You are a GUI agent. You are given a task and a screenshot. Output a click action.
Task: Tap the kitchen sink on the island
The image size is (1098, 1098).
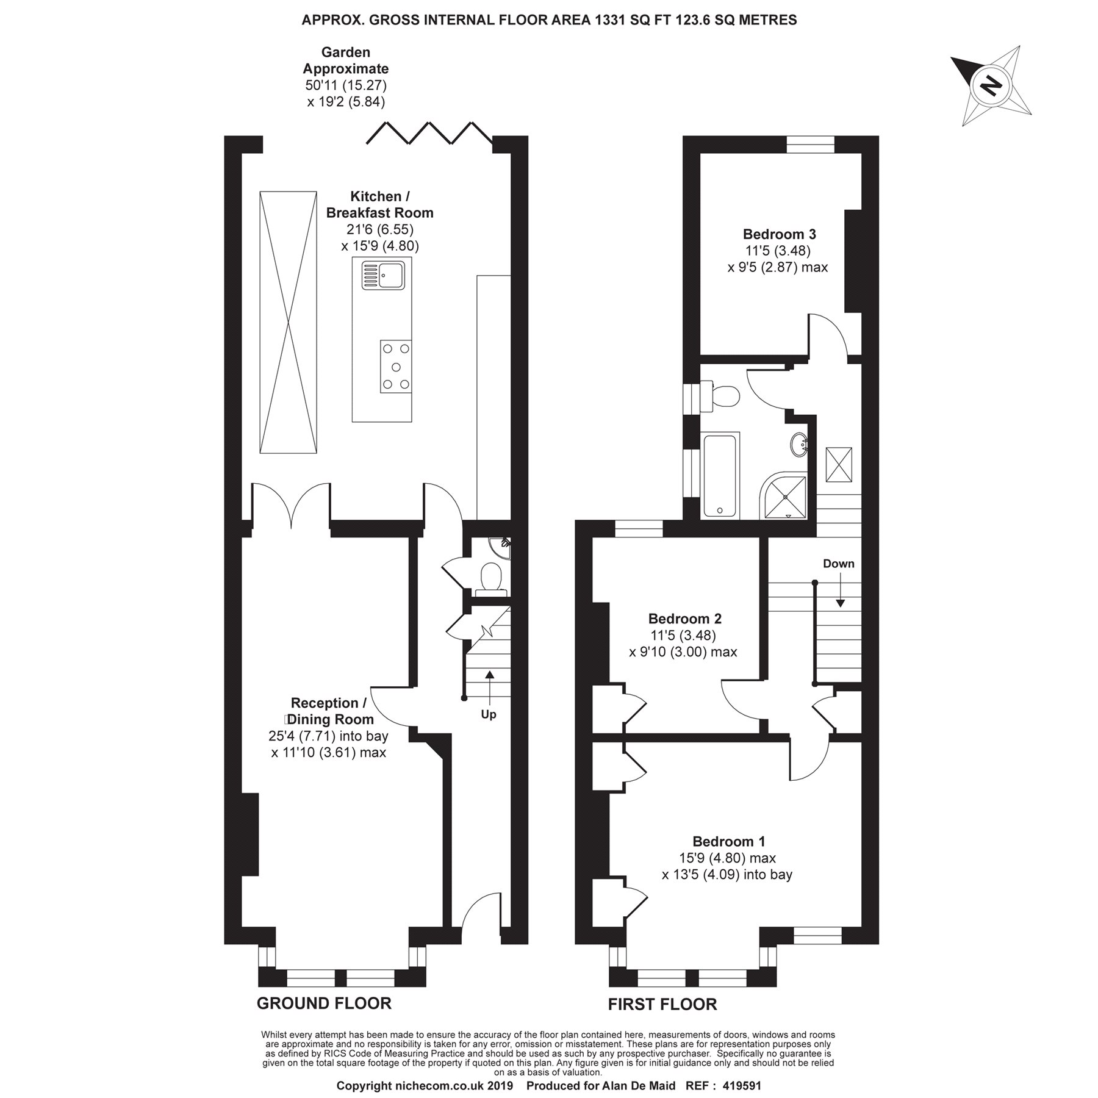pyautogui.click(x=382, y=275)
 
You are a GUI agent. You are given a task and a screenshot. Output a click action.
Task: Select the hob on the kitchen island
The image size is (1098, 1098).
pyautogui.click(x=396, y=366)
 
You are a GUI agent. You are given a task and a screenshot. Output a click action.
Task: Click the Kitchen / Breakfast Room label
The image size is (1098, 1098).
pyautogui.click(x=380, y=204)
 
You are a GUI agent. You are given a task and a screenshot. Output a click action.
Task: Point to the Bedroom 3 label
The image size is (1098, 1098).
pyautogui.click(x=779, y=234)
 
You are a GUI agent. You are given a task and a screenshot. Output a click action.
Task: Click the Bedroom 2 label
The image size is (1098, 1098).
pyautogui.click(x=684, y=619)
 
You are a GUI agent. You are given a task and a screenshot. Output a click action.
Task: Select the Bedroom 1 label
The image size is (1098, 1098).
pyautogui.click(x=728, y=842)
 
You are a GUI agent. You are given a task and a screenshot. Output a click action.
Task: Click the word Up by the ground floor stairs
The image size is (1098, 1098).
pyautogui.click(x=489, y=714)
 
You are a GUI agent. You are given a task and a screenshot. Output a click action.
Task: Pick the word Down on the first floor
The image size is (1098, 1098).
pyautogui.click(x=839, y=564)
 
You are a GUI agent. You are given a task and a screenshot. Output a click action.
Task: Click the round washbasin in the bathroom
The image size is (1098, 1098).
pyautogui.click(x=800, y=444)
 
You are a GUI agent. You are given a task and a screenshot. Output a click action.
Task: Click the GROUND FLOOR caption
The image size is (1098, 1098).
pyautogui.click(x=324, y=1003)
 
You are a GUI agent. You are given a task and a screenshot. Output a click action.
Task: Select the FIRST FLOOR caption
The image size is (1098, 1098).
pyautogui.click(x=662, y=1005)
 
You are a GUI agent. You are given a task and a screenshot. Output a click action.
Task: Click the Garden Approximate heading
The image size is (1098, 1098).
pyautogui.click(x=346, y=60)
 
